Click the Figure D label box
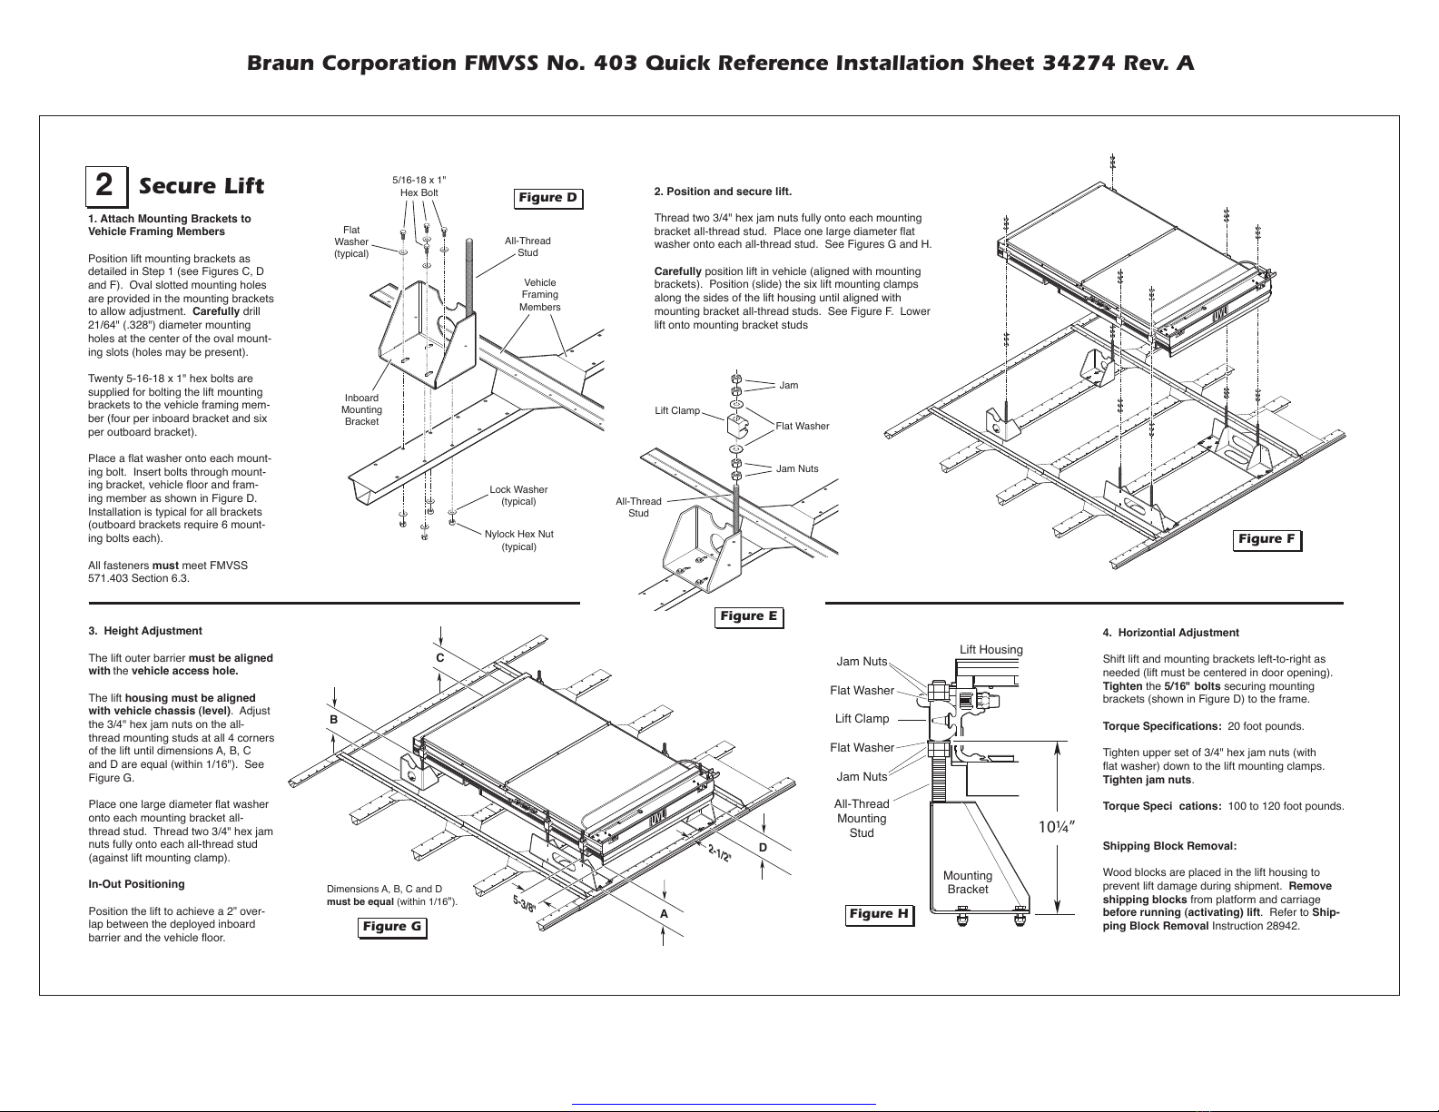[547, 198]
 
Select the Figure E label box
[748, 616]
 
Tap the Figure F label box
[1267, 539]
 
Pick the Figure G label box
[391, 926]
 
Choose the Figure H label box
[878, 914]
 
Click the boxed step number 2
[105, 186]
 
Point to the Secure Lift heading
[202, 186]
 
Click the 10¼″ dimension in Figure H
[1057, 827]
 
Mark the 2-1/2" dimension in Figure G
[720, 853]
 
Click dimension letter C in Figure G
[439, 657]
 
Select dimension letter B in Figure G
[334, 719]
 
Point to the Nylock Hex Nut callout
[518, 540]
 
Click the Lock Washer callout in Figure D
[518, 496]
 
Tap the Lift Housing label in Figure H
[991, 650]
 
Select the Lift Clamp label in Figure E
[677, 411]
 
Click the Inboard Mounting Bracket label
[361, 409]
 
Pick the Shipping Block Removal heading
[1169, 846]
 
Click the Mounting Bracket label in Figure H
[968, 882]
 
